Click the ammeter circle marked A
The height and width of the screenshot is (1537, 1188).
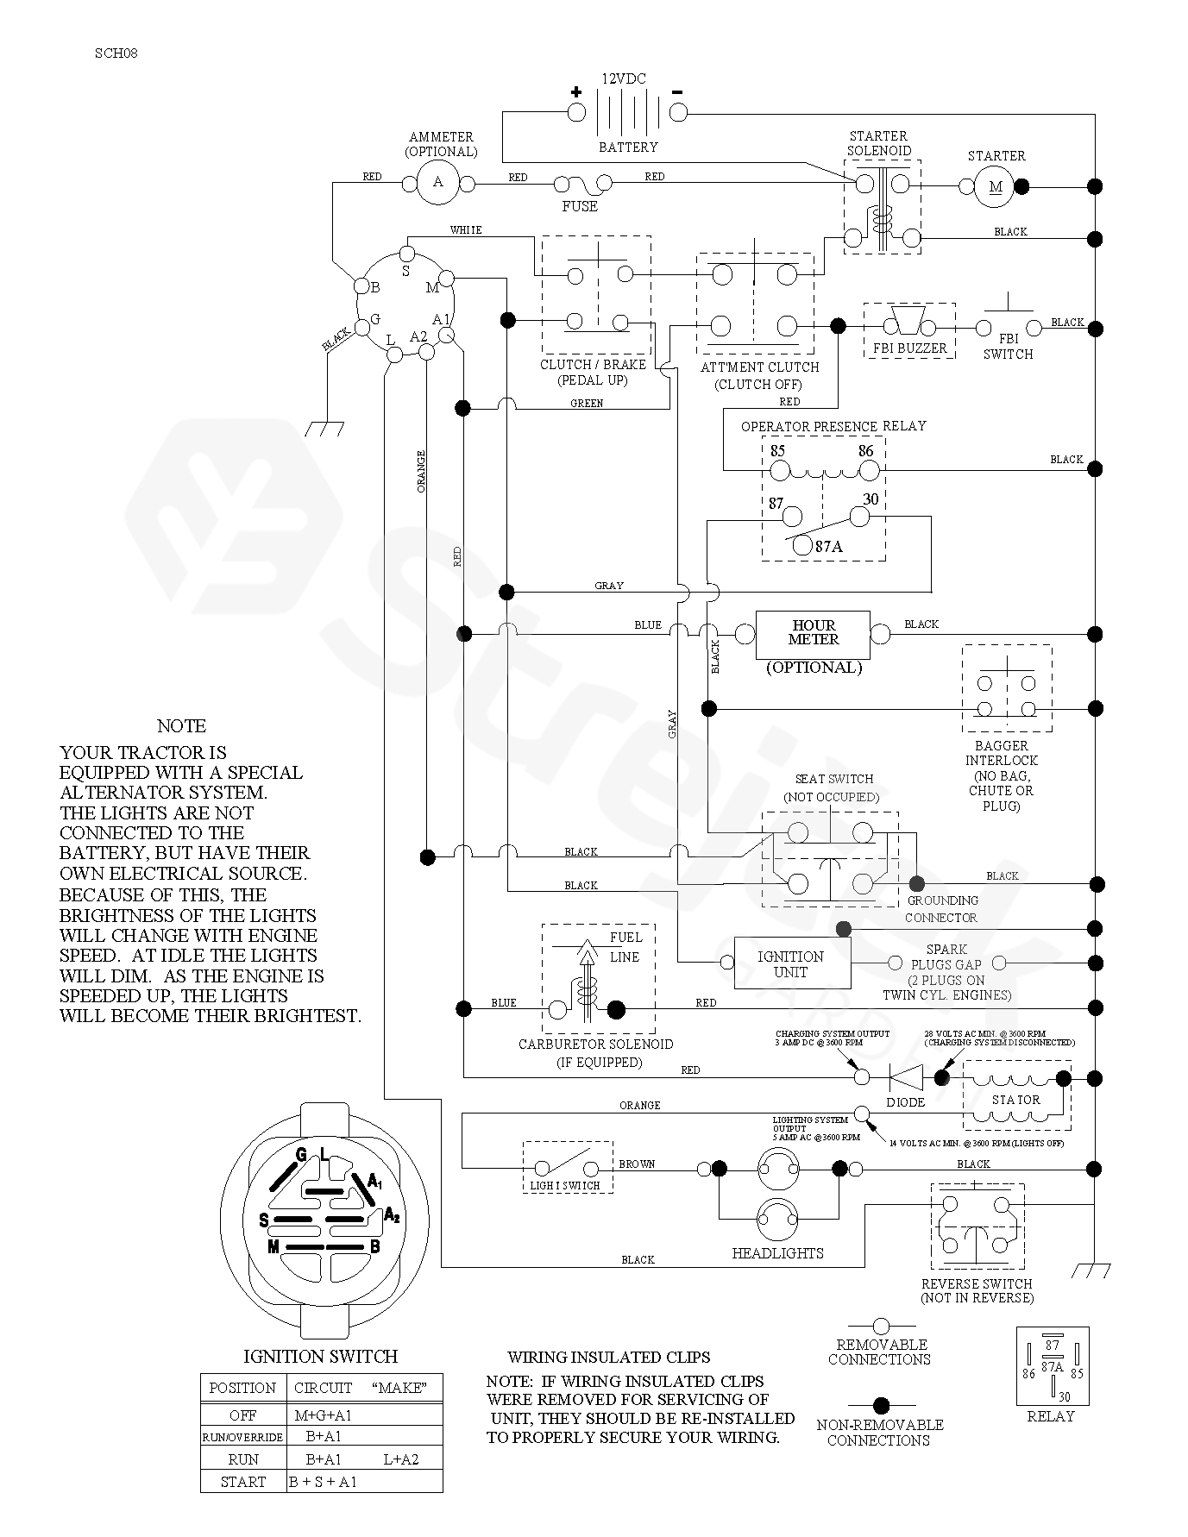pos(438,182)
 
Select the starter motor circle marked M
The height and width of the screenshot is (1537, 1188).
pos(996,186)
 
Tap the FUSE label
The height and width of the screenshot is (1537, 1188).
pos(580,207)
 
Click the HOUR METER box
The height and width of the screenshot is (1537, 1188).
pos(813,634)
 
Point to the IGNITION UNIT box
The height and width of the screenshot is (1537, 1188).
pos(791,963)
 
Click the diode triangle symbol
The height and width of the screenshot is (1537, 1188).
pos(906,1077)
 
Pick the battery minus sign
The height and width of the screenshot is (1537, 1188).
pos(677,91)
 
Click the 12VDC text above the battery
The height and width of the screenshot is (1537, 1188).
pos(624,78)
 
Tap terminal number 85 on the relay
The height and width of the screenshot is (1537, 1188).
pos(777,451)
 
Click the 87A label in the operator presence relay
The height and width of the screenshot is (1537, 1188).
pos(828,546)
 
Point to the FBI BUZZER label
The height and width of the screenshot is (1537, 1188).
pos(909,348)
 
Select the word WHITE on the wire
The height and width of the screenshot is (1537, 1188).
pos(466,230)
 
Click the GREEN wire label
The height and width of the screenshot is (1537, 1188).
pos(587,403)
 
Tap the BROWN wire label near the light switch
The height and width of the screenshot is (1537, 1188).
pos(637,1164)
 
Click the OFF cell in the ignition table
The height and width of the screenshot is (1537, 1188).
pos(243,1415)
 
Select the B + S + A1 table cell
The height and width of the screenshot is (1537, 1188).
pos(323,1482)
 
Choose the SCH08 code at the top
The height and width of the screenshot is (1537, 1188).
pos(116,53)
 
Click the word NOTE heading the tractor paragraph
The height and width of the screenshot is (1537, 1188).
pos(181,726)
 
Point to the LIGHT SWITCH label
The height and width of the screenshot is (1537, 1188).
pos(564,1185)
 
